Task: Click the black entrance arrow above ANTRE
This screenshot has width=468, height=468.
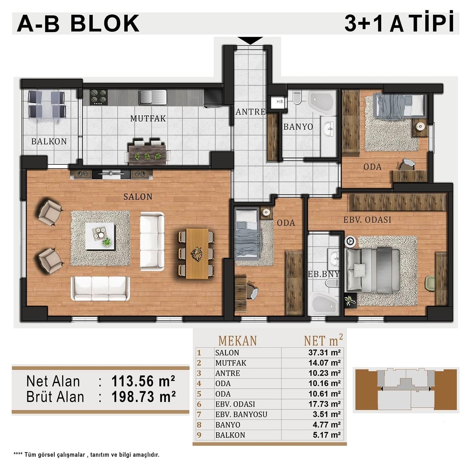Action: click(250, 40)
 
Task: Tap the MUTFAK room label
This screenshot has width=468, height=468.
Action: click(148, 119)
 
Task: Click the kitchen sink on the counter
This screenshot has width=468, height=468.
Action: click(153, 97)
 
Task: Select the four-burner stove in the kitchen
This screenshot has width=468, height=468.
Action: click(98, 97)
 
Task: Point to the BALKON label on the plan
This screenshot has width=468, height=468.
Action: click(49, 141)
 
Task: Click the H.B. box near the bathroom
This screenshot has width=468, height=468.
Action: click(280, 101)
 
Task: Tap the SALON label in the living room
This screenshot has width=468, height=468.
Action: click(138, 197)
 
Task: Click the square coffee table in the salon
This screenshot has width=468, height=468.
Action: click(100, 236)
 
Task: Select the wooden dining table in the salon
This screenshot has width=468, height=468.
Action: click(197, 253)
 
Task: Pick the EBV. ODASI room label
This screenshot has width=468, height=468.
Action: click(367, 220)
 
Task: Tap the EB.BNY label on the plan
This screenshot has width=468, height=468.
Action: click(323, 274)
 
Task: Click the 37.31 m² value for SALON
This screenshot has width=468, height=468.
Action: click(324, 352)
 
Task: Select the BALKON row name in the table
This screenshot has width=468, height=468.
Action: click(230, 435)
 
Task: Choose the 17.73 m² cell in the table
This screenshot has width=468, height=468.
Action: click(324, 404)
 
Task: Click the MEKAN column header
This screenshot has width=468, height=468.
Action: click(238, 341)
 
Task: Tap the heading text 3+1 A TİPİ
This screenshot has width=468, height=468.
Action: click(399, 22)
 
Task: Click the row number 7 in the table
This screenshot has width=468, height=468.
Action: click(199, 414)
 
